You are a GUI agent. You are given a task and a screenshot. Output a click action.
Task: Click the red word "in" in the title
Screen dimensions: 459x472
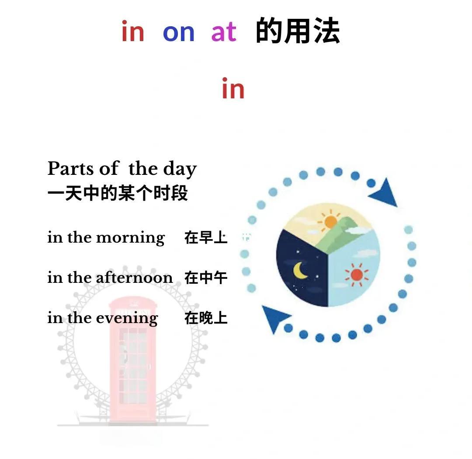point(133,31)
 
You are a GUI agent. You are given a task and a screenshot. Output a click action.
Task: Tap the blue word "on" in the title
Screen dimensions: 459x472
point(178,32)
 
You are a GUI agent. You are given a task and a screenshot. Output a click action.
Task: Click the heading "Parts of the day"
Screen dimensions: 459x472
point(122,169)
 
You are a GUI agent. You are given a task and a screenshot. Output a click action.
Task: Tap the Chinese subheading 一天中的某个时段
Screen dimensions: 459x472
point(118,193)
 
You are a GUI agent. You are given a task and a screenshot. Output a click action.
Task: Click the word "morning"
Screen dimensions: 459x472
point(130,238)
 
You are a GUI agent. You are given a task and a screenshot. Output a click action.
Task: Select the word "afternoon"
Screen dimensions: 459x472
point(134,278)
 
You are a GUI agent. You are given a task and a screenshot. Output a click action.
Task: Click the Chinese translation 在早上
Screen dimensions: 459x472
point(206,238)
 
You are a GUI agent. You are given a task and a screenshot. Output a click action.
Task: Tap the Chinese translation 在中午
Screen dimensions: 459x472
point(206,278)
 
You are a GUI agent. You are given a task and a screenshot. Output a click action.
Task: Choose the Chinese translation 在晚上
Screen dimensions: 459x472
point(206,318)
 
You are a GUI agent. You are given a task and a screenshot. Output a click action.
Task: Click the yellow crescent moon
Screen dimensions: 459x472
point(300,270)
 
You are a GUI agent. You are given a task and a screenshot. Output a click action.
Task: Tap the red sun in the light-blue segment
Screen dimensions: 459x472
point(357,275)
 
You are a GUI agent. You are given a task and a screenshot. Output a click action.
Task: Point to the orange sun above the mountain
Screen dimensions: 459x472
point(330,222)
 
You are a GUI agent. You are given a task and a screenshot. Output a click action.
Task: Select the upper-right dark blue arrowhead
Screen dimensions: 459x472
point(385,194)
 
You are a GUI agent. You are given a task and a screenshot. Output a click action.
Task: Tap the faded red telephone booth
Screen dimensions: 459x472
point(134,358)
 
